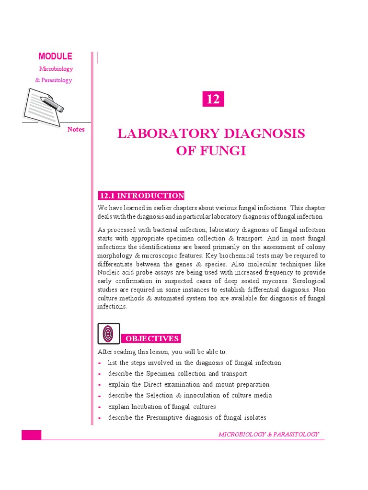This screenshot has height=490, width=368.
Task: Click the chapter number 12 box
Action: tap(213, 99)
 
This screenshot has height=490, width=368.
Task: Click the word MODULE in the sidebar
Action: tap(55, 56)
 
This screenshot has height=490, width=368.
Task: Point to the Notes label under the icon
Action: tap(76, 129)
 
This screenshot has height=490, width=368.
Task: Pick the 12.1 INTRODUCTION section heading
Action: tap(141, 196)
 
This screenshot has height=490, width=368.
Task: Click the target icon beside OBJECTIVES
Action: tap(108, 334)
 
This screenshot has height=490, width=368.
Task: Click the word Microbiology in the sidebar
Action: tap(55, 69)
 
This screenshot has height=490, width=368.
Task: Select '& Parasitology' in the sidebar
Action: tap(54, 80)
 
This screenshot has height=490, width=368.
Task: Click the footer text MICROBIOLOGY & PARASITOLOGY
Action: tap(268, 434)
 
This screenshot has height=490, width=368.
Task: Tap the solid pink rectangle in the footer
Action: tap(31, 435)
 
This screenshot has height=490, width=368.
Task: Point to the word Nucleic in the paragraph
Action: tap(108, 272)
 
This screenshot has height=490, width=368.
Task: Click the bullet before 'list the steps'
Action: tap(99, 363)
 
